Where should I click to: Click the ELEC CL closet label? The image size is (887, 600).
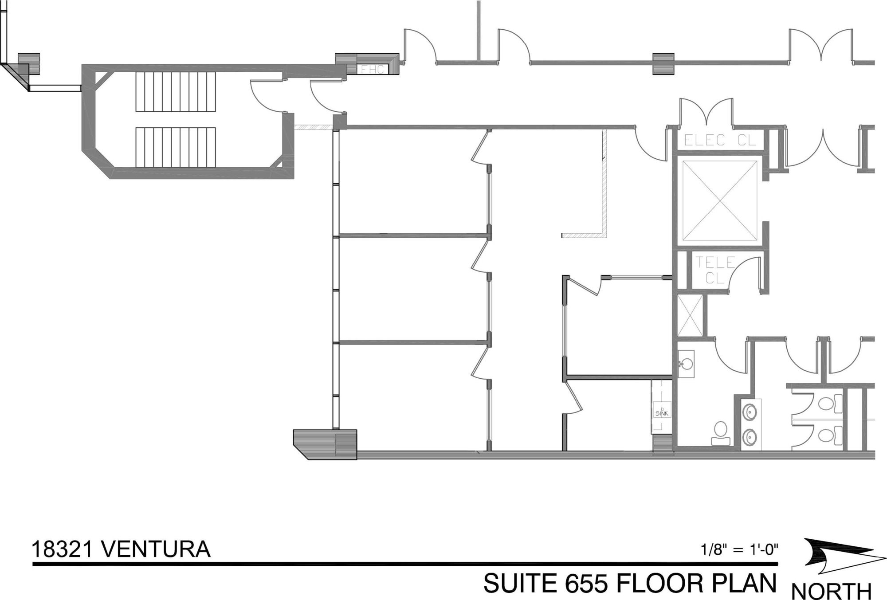click(x=720, y=140)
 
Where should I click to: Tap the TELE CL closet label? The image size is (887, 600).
click(x=714, y=270)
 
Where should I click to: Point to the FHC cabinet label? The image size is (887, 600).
click(x=373, y=70)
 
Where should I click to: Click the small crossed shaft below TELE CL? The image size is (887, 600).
click(x=690, y=315)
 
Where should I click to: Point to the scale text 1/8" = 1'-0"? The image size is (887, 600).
click(x=740, y=550)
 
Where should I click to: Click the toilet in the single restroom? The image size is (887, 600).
click(x=719, y=433)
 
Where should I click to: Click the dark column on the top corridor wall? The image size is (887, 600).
click(x=663, y=64)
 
